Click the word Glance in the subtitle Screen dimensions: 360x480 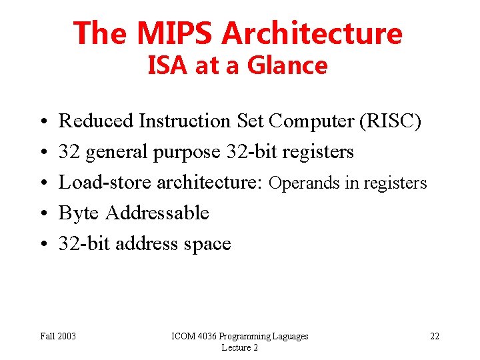[x=287, y=66]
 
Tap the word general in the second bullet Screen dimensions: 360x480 [x=118, y=152]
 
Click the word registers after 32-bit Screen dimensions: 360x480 [x=318, y=152]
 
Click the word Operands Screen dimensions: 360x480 [x=304, y=183]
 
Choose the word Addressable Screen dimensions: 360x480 [x=157, y=213]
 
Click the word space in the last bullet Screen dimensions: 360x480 [x=206, y=244]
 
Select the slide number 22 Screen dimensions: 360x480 [x=434, y=336]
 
